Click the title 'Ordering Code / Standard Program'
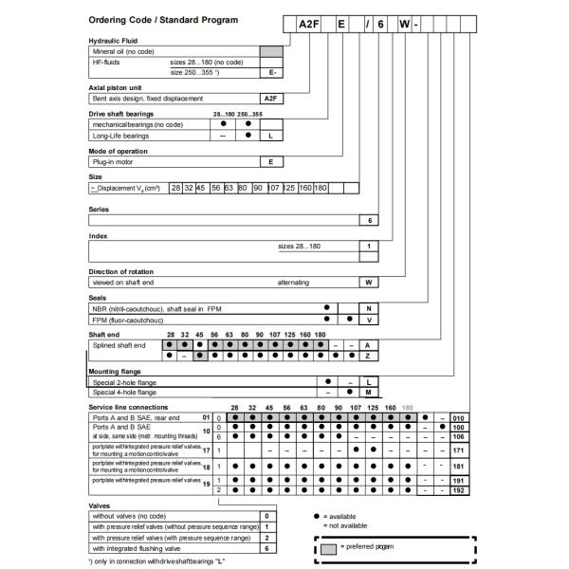pos(163,20)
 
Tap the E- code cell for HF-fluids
pos(271,71)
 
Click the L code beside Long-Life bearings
pos(271,136)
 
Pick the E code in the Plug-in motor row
pos(271,161)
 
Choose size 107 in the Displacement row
pos(274,188)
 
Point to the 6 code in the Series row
pos(370,220)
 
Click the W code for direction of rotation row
pos(370,282)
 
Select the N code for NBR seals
pos(370,307)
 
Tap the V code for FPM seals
pos(370,320)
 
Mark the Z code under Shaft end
pos(367,356)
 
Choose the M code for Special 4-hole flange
pos(367,391)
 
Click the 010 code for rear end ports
pos(457,416)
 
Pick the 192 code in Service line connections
pos(457,490)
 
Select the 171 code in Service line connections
pos(457,450)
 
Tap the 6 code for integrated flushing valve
pos(267,548)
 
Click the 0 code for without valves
pos(267,515)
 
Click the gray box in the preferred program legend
pos(328,547)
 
